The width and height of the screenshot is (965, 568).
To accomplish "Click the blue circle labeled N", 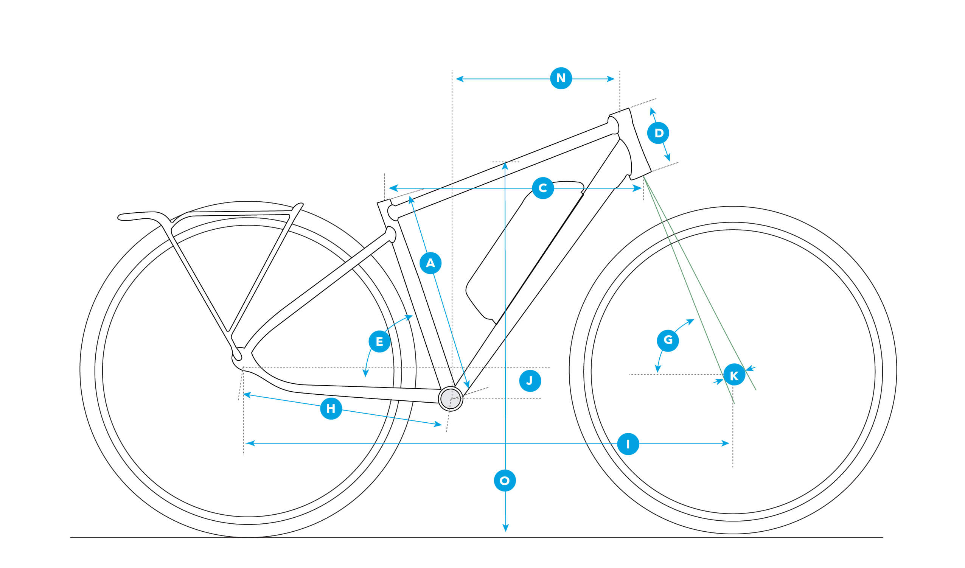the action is [561, 78].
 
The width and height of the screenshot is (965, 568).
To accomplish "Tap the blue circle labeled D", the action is [658, 133].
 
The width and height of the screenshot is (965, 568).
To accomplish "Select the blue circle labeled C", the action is [543, 188].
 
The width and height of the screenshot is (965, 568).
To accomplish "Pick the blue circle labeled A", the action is [430, 263].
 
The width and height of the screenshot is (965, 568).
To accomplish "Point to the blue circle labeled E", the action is [379, 342].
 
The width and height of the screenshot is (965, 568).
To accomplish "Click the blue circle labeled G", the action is [668, 340].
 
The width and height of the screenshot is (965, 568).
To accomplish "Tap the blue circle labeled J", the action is [530, 381].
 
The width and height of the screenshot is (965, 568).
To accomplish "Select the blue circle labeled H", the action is [331, 409].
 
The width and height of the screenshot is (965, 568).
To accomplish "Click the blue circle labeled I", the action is [628, 444].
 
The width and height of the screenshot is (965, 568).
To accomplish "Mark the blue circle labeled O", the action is [505, 481].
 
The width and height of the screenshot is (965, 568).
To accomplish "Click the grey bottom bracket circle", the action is [451, 399].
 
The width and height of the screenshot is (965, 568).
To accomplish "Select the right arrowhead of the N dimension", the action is [611, 79].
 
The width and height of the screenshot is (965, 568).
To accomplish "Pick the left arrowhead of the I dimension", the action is [250, 443].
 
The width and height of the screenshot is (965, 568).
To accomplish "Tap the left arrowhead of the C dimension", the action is [393, 188].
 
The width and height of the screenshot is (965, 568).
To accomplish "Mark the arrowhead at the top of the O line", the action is [505, 165].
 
